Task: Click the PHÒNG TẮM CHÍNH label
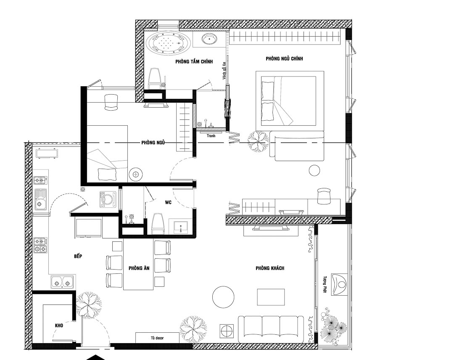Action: (194, 61)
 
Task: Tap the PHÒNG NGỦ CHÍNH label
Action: (284, 59)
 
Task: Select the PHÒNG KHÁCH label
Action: (270, 268)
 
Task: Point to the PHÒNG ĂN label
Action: (139, 268)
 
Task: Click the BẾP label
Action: (78, 256)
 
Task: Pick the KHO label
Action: (59, 326)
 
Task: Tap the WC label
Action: (168, 202)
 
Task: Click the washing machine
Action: (108, 199)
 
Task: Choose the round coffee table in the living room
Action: (223, 297)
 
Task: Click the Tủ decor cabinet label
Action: (157, 338)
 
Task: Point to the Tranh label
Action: (211, 136)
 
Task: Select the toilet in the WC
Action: (158, 224)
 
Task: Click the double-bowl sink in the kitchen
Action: (63, 282)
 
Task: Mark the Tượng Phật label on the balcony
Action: (325, 284)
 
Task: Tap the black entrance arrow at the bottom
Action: (96, 357)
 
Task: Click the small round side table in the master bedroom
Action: (314, 170)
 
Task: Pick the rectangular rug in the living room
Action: (271, 297)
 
